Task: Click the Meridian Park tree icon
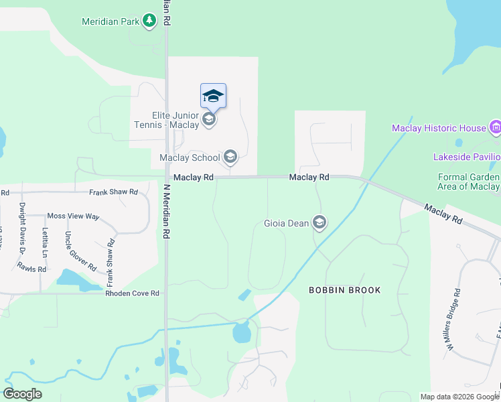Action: (149, 21)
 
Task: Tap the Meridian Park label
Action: (111, 21)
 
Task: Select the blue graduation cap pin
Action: (213, 96)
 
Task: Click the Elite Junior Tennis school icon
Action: (209, 119)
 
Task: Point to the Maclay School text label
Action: (190, 157)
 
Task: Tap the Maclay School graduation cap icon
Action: (230, 157)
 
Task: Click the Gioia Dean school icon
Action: (319, 222)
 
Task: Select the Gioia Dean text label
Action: (286, 222)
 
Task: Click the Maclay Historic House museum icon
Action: (495, 127)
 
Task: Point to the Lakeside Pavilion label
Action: (467, 157)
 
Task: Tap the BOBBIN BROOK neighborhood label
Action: (344, 290)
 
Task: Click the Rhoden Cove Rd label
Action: (132, 293)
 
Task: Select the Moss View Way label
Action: (73, 217)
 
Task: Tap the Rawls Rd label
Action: (32, 269)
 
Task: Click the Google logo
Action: (22, 394)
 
